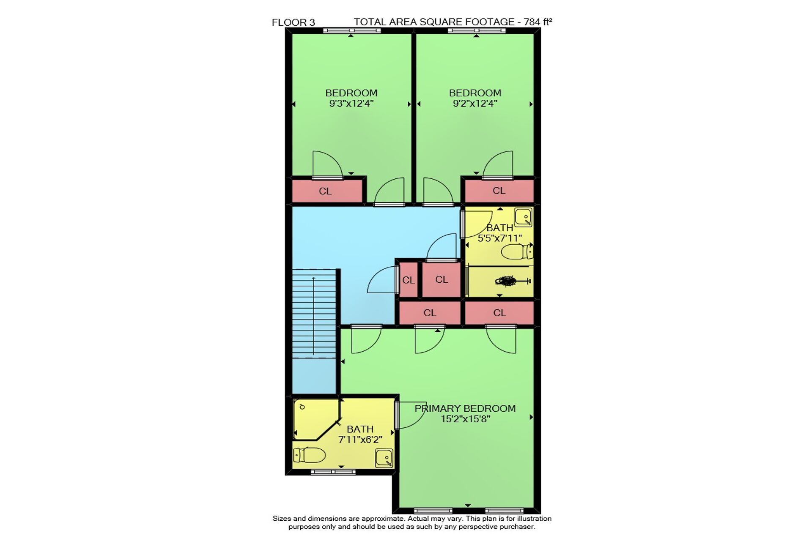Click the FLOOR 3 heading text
[x=293, y=22]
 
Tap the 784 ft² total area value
[x=538, y=22]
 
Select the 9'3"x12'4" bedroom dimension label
[x=351, y=104]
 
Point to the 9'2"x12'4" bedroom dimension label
[x=475, y=104]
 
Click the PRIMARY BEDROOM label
[x=465, y=408]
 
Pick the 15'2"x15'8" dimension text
[x=465, y=419]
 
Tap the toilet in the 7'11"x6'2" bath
[x=309, y=455]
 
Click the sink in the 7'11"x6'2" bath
[x=384, y=458]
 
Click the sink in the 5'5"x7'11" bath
[x=523, y=217]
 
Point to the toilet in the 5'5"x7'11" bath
[x=517, y=252]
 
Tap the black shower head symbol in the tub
[x=507, y=280]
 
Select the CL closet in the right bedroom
[x=499, y=191]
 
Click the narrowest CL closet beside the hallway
[x=409, y=280]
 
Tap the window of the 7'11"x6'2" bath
[x=333, y=472]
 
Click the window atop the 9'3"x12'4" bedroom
[x=352, y=30]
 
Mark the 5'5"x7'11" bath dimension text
[x=500, y=238]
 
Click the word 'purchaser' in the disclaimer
[x=516, y=527]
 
